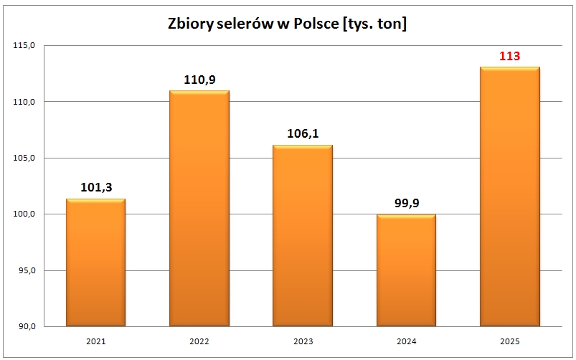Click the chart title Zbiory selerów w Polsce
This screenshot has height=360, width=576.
coord(287,24)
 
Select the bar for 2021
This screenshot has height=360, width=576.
coord(95,262)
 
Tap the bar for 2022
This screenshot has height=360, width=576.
coord(199,208)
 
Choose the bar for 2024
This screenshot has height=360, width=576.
coord(406,270)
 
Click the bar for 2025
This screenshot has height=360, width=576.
coord(509,196)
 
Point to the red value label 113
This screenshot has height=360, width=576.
coord(509,56)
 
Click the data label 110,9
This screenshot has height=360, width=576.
coord(199,80)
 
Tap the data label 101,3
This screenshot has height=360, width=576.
coord(95,188)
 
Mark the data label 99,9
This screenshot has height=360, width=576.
coord(406,204)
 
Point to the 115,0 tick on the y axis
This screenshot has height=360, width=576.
coord(24,45)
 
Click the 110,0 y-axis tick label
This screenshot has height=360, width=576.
coord(24,102)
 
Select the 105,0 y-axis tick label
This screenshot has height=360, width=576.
coord(24,158)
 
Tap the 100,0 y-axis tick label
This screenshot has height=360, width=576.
coord(24,214)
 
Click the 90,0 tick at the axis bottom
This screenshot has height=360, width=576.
coord(26,327)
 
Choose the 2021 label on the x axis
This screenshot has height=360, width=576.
coord(95,342)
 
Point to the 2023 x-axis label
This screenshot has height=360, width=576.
coord(303,342)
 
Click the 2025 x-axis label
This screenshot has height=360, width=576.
coord(509,342)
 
